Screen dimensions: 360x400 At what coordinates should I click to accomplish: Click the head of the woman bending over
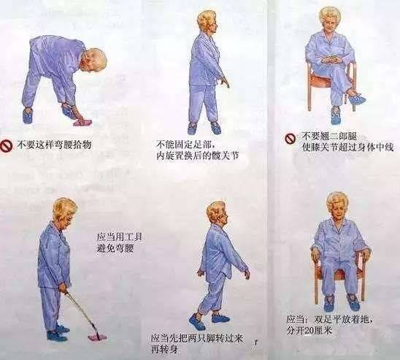(94, 60)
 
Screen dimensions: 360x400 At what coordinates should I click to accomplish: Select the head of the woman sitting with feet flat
(336, 205)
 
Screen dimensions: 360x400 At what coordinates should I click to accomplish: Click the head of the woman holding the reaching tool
(64, 211)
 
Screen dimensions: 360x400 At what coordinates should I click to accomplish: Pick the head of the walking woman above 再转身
(216, 213)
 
